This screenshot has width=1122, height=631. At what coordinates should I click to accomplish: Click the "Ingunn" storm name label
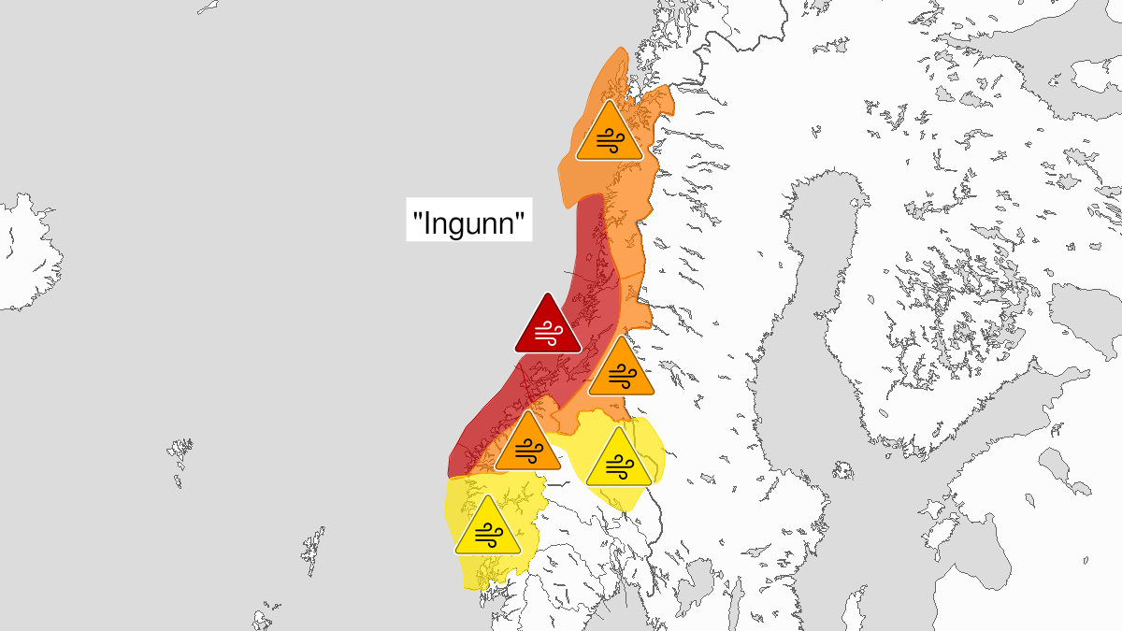pyautogui.click(x=469, y=223)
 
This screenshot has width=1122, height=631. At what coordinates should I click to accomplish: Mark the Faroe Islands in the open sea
pyautogui.click(x=181, y=458)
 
